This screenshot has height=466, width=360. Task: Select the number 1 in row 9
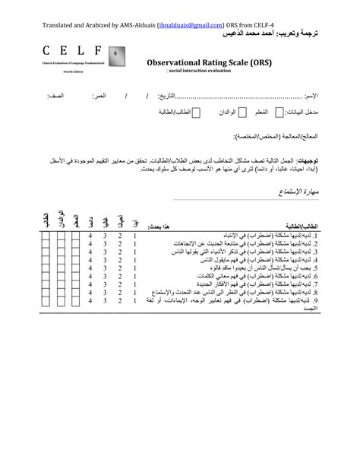click(134, 301)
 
